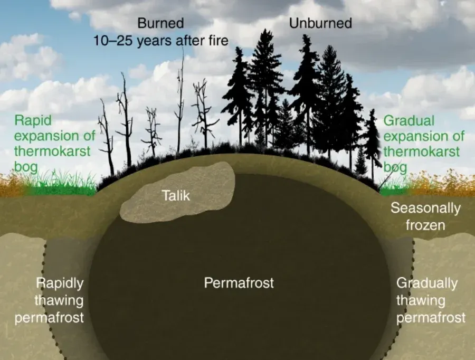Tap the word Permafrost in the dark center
tap(239, 283)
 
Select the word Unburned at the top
tap(320, 23)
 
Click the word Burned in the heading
tap(160, 23)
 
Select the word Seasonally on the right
tap(425, 208)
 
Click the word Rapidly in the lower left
tap(59, 283)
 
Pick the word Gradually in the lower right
tap(426, 283)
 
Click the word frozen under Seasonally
tap(425, 225)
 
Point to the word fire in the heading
tap(216, 40)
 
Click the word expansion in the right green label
tap(417, 137)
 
